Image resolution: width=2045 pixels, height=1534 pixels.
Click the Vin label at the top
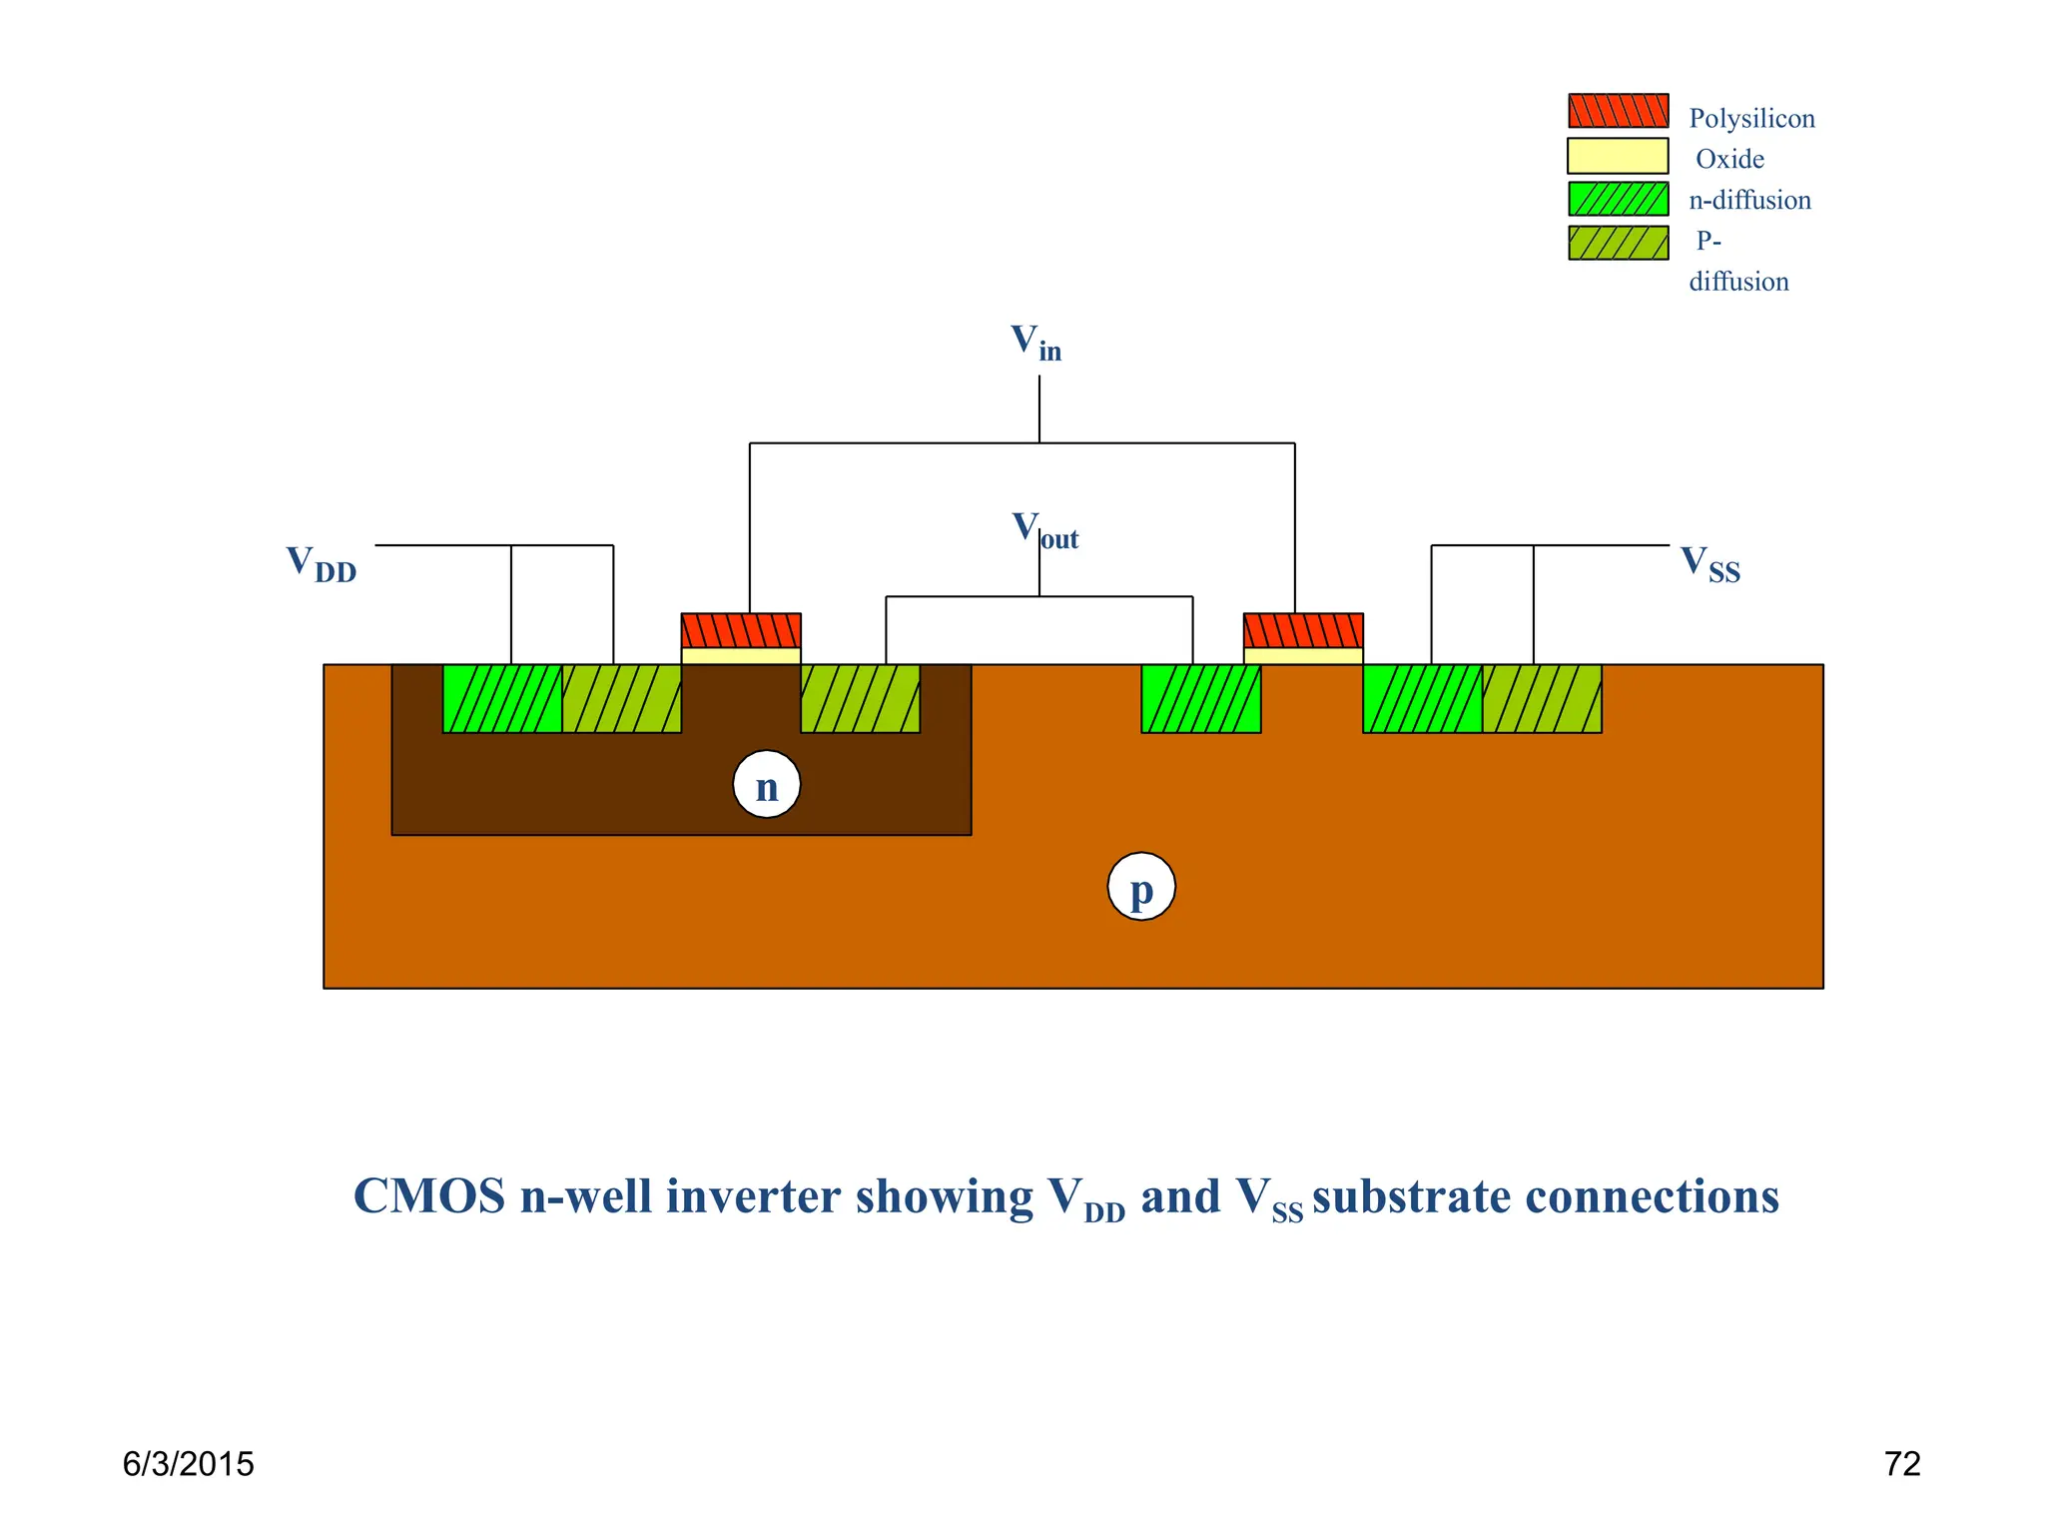1034,344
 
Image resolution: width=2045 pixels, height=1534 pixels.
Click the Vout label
1044,530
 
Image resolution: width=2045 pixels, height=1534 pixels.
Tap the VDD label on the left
321,564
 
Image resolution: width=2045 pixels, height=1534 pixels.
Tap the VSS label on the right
1709,564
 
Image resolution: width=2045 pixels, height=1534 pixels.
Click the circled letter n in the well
766,785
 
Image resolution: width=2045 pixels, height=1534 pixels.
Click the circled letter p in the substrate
1141,887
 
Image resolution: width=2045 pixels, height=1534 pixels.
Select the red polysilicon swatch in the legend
1618,111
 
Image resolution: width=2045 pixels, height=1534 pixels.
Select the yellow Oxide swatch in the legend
1618,156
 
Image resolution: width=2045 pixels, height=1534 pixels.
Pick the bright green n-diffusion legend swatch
1618,199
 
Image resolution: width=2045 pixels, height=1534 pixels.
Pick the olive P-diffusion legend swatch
1618,243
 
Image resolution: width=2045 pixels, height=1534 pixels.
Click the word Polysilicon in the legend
1751,119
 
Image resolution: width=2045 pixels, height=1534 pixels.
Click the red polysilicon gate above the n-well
741,630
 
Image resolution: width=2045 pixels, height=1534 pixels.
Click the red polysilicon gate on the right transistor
1303,630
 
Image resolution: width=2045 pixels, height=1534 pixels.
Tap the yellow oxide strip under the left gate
741,656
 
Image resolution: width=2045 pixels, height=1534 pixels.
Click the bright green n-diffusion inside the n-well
502,698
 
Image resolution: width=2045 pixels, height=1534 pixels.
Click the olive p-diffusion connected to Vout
860,698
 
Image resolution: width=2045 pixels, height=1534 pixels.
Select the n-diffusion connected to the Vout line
1201,698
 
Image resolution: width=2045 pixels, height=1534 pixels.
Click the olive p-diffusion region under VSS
1542,698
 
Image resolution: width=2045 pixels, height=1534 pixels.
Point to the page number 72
1901,1464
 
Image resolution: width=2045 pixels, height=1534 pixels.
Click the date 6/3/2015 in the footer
188,1464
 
